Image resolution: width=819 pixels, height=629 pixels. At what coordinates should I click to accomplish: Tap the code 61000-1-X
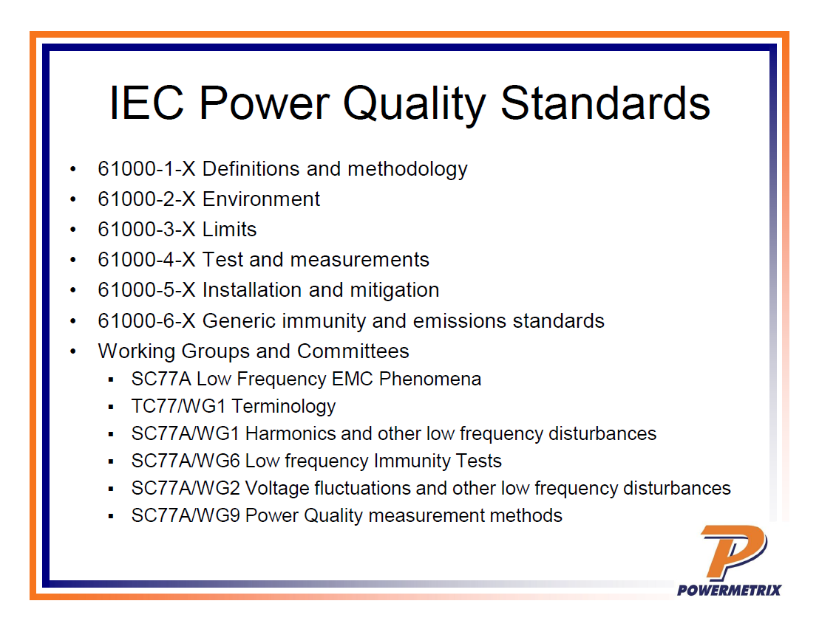(x=146, y=169)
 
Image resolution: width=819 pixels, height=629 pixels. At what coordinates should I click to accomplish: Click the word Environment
(x=261, y=199)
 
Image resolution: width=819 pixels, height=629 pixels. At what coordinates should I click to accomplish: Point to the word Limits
(x=229, y=230)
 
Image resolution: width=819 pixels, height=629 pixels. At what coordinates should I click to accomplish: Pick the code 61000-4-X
(x=146, y=260)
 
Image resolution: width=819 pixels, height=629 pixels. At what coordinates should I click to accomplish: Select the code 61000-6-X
(x=146, y=321)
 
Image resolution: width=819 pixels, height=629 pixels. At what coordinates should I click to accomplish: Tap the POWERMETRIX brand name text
(x=729, y=589)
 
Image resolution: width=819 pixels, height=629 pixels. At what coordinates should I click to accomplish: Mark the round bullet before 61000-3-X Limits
(x=72, y=230)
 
